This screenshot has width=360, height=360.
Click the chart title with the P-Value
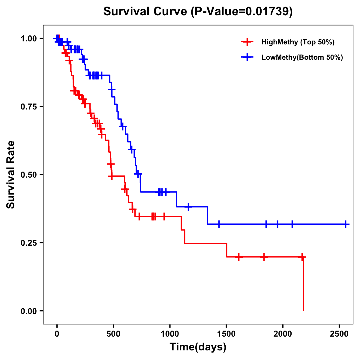[198, 12]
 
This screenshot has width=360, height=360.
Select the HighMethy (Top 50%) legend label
[298, 42]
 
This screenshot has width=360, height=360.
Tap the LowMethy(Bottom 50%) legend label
[302, 58]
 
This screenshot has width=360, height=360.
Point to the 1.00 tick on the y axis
[28, 39]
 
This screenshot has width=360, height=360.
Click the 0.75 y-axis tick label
[28, 107]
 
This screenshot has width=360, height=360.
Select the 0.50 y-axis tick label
[28, 175]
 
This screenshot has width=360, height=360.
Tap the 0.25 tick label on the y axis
[28, 243]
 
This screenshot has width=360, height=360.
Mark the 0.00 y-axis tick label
[28, 311]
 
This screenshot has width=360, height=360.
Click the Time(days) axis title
[198, 347]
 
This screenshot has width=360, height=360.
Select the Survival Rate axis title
[11, 175]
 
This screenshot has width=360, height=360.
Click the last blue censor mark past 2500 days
[346, 224]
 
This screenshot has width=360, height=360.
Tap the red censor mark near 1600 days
[238, 257]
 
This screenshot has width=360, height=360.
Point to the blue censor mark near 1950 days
[277, 224]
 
